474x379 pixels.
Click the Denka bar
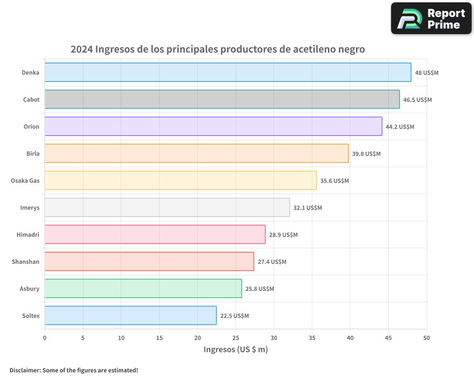pyautogui.click(x=228, y=72)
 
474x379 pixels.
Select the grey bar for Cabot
pyautogui.click(x=222, y=99)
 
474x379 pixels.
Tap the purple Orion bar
pyautogui.click(x=213, y=126)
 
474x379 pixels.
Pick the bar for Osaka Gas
pyautogui.click(x=180, y=180)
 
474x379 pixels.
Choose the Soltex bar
pyautogui.click(x=130, y=316)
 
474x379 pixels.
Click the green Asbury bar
pyautogui.click(x=143, y=289)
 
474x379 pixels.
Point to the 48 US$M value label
pyautogui.click(x=427, y=73)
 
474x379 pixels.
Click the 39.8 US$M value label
pyautogui.click(x=366, y=154)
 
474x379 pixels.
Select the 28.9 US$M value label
pyautogui.click(x=283, y=235)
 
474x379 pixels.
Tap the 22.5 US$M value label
pyautogui.click(x=235, y=316)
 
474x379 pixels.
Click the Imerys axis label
pyautogui.click(x=30, y=208)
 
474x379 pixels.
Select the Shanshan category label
pyautogui.click(x=26, y=262)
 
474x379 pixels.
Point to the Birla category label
pyautogui.click(x=33, y=153)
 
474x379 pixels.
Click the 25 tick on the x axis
pyautogui.click(x=236, y=338)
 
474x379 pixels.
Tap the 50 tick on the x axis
pyautogui.click(x=427, y=338)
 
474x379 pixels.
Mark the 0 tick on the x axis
pyautogui.click(x=45, y=338)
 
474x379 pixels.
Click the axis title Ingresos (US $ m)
pyautogui.click(x=236, y=350)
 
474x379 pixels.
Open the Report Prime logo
pyautogui.click(x=431, y=18)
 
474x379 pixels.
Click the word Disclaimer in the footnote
pyautogui.click(x=25, y=370)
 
